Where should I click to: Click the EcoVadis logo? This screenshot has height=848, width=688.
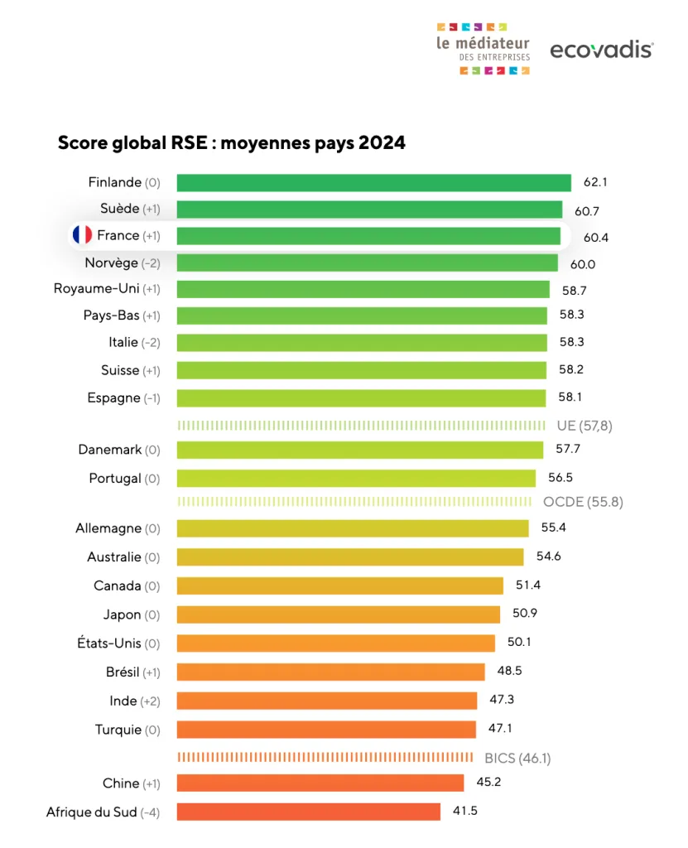(601, 50)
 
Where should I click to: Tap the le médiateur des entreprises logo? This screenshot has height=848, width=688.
(483, 49)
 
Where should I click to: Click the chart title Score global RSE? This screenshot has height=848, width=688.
(231, 143)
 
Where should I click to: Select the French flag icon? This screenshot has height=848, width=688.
(82, 235)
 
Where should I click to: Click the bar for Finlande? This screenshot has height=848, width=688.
(373, 183)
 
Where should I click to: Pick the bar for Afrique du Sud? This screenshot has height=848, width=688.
(308, 812)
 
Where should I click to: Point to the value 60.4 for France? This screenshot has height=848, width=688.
(596, 237)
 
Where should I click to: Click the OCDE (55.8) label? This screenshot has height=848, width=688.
(583, 502)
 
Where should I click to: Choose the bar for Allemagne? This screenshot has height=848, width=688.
(352, 528)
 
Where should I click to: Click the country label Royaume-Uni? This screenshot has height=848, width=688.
(96, 289)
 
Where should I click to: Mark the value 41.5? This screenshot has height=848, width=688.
(464, 811)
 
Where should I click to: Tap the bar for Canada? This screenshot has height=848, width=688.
(339, 585)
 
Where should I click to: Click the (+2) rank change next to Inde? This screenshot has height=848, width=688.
(151, 701)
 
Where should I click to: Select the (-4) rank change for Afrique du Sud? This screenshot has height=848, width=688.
(150, 812)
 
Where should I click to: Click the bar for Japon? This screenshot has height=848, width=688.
(338, 614)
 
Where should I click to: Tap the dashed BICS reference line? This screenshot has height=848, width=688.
(325, 757)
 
